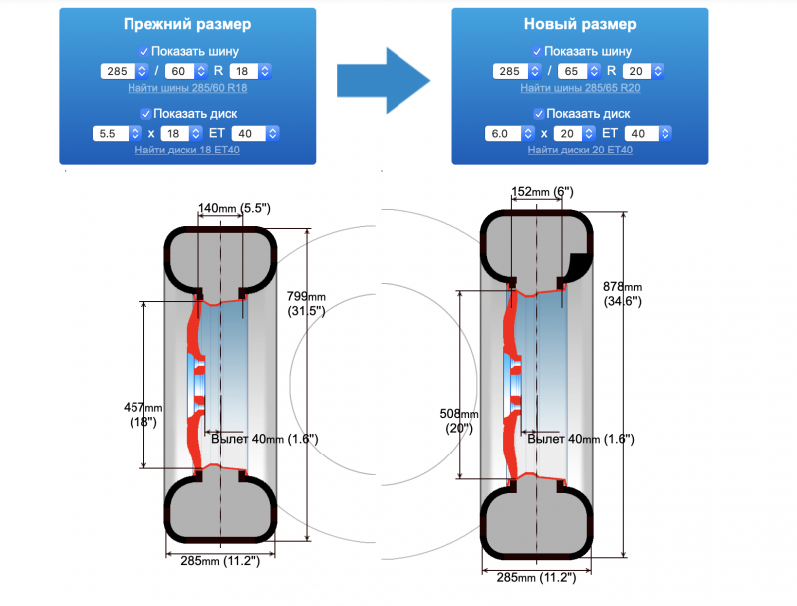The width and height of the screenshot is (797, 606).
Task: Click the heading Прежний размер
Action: coord(187,24)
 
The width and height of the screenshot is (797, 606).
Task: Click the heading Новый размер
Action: coord(579,24)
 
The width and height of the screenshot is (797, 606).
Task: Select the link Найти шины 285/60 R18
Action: coord(187,88)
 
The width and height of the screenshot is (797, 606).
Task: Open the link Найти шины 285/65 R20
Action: coord(579,88)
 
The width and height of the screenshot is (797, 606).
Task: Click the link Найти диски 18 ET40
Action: coord(187,150)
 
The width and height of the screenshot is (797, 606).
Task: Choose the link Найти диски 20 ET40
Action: coord(579,150)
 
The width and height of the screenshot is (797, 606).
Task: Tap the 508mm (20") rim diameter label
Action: coord(459,420)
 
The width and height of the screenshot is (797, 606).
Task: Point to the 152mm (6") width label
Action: coord(542,191)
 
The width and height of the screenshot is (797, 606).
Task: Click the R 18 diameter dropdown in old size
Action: coord(249,71)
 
